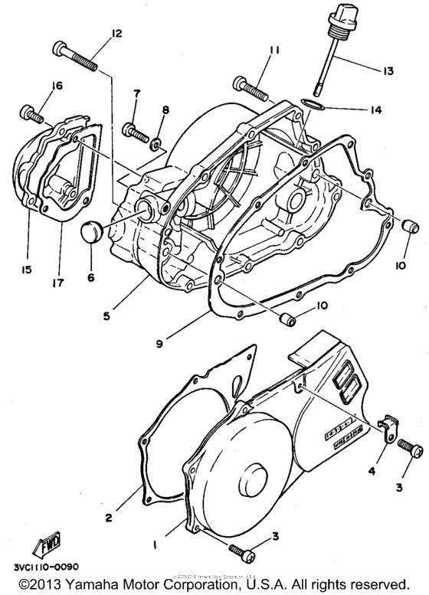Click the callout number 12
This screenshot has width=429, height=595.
pos(116,33)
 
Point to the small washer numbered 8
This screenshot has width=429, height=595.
pos(157,142)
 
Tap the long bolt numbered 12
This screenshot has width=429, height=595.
pos(77,57)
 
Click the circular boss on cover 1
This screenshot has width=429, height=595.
pos(256,484)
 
